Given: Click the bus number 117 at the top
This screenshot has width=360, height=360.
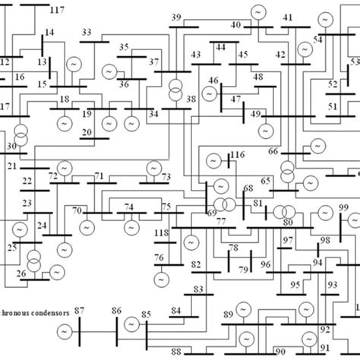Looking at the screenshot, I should tap(55, 9).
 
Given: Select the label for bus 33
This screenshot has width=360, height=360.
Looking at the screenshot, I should tap(86, 33).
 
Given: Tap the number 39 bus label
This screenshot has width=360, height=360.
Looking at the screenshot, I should tap(176, 17).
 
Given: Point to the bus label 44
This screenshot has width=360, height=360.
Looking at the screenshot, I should tap(220, 47).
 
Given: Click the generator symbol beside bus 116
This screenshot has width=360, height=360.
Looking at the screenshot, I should tap(212, 161).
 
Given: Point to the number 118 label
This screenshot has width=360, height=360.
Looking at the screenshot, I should tap(160, 233).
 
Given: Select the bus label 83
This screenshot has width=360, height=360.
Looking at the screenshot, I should tap(198, 289).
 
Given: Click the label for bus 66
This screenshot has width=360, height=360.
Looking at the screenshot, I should tap(273, 152).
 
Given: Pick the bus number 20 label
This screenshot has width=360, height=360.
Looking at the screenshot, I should tap(87, 132).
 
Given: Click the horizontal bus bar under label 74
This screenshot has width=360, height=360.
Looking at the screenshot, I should tap(130, 213).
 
